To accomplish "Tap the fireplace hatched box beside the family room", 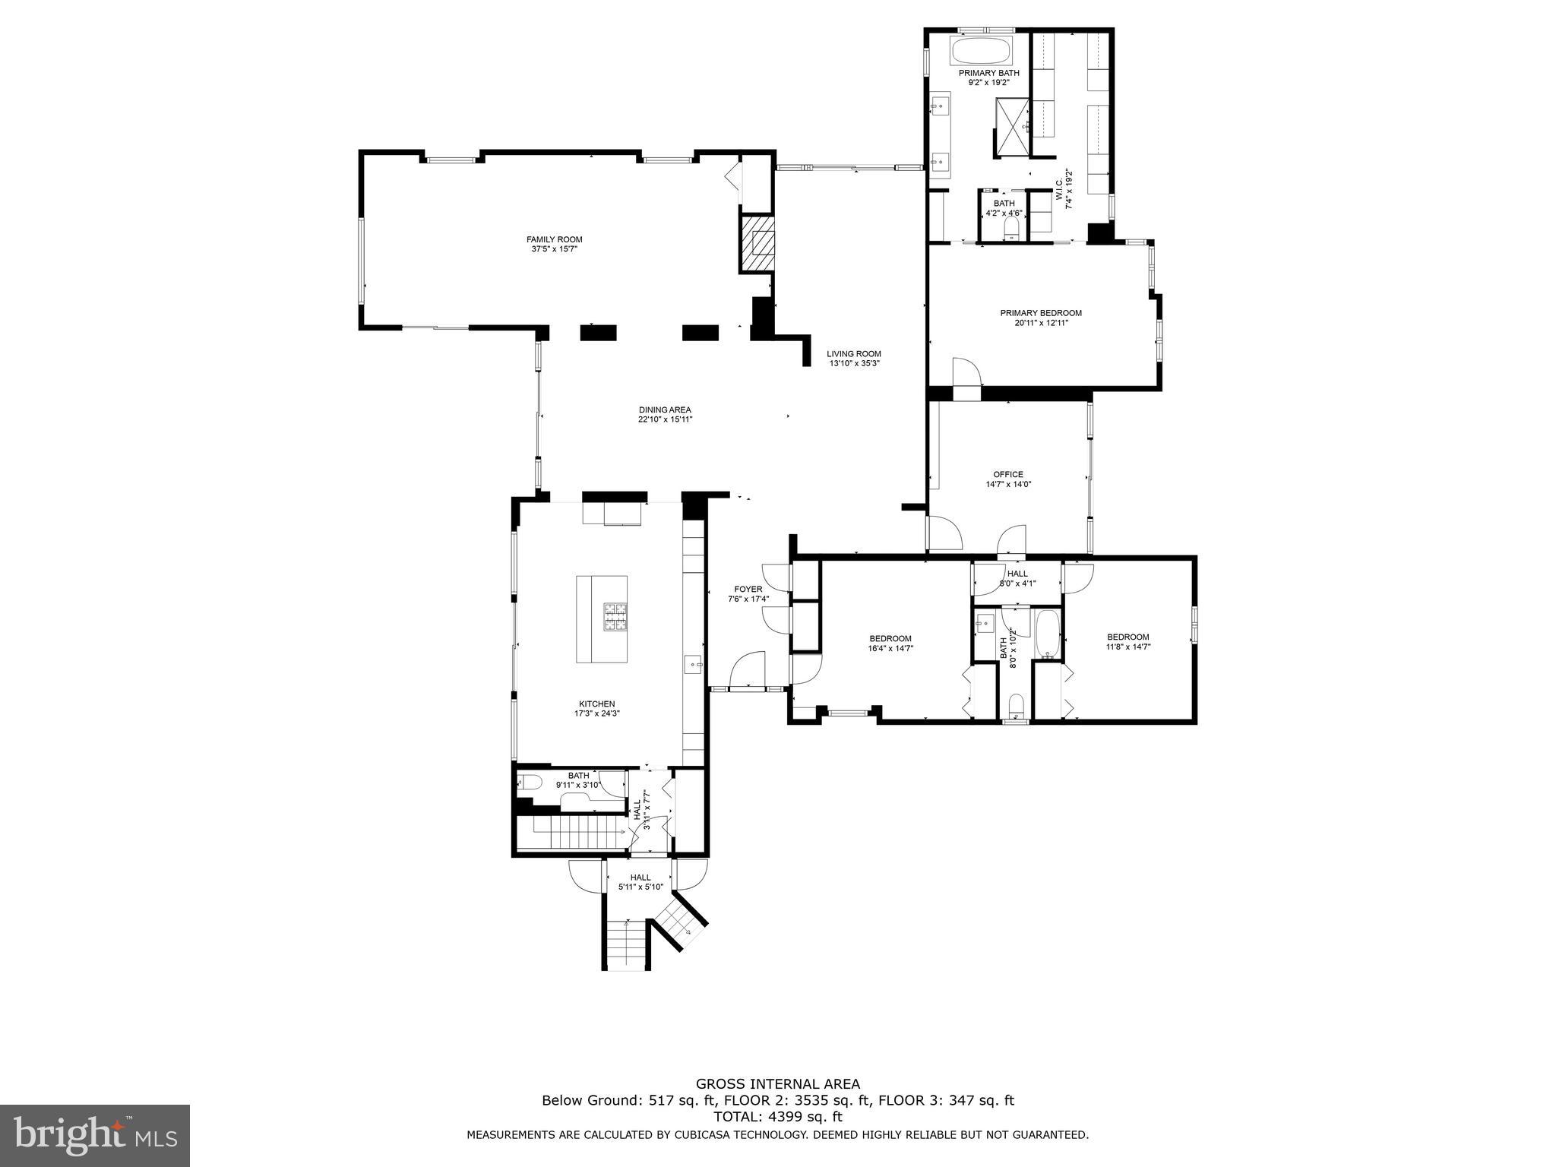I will [757, 244].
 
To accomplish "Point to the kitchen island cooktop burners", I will [615, 616].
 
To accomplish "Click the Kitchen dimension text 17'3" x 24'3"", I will [597, 713].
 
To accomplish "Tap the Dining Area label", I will [665, 410].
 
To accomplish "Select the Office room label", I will [1008, 474].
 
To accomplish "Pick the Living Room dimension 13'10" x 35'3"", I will [854, 363].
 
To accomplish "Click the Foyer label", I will [748, 589].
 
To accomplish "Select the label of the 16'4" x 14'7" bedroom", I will [890, 638].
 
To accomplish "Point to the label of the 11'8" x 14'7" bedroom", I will [1127, 637].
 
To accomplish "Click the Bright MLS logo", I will [95, 1135].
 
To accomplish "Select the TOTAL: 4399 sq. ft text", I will [777, 1117].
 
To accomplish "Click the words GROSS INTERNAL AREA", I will [777, 1083].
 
